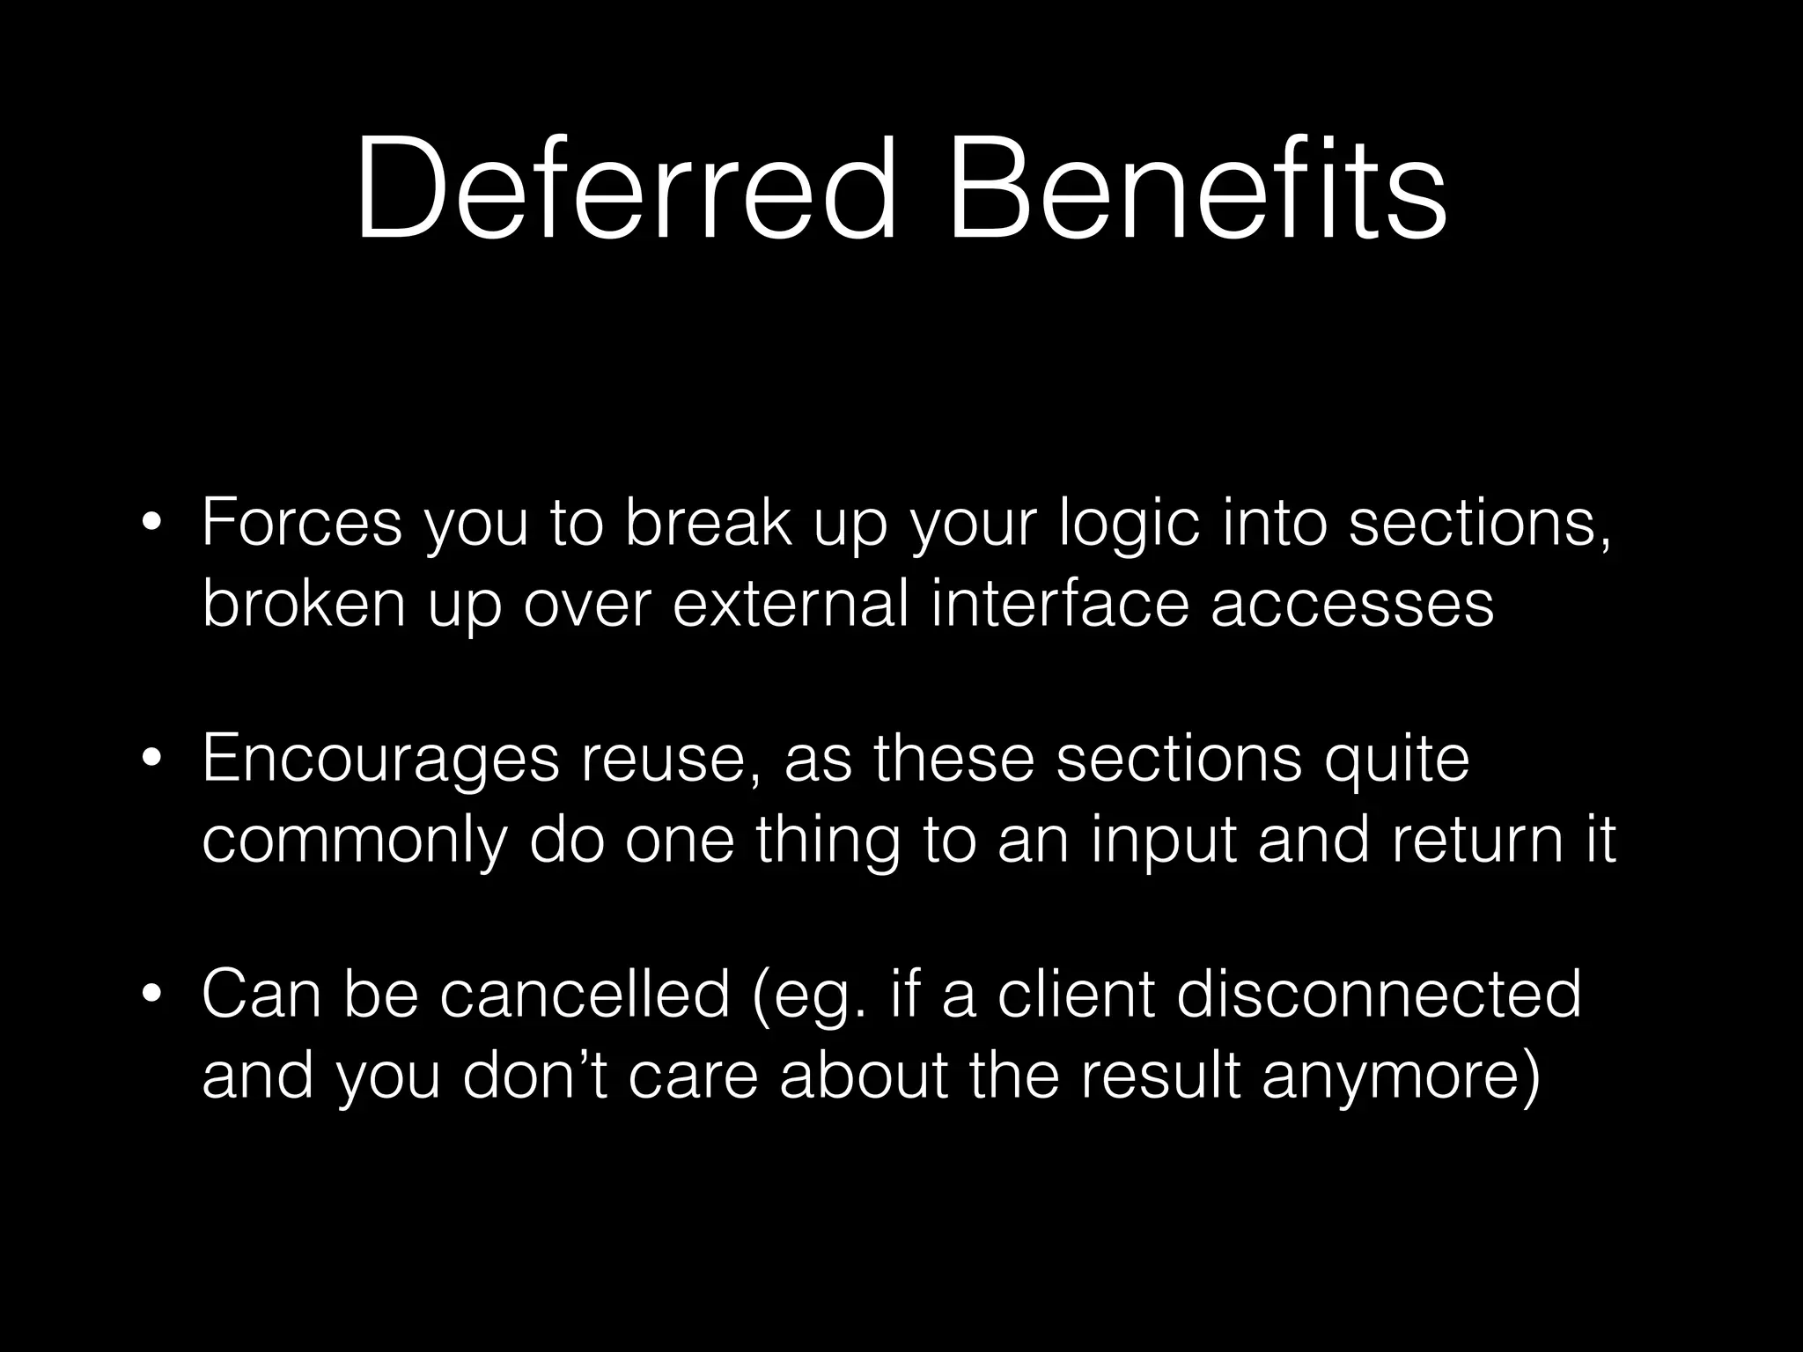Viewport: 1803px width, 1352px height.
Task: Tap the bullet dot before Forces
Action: click(151, 523)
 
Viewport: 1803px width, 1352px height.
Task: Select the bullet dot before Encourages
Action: click(151, 759)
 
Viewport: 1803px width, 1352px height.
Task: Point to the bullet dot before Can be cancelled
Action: click(151, 995)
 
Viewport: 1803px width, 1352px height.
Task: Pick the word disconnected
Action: click(1379, 995)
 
